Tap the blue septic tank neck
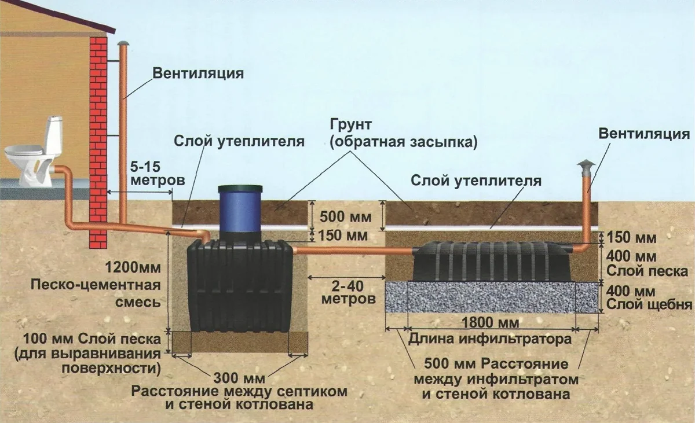240,214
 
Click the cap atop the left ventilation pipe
122,44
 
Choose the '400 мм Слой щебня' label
647,296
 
